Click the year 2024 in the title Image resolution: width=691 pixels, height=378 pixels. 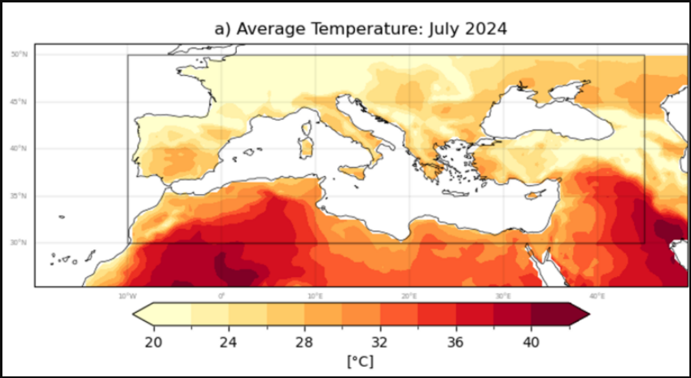click(485, 29)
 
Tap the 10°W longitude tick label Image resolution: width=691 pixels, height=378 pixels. click(126, 296)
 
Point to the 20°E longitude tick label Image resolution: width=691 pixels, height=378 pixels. click(409, 296)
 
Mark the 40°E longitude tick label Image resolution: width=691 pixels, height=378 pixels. click(597, 296)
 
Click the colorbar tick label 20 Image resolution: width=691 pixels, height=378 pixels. click(152, 341)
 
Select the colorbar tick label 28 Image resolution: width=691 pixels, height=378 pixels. click(304, 341)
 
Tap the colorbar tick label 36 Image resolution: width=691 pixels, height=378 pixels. click(455, 341)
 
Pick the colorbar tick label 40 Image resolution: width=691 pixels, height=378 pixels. click(531, 341)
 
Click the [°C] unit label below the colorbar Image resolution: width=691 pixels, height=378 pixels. click(360, 360)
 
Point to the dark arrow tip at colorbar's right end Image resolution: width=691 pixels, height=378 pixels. click(579, 314)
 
